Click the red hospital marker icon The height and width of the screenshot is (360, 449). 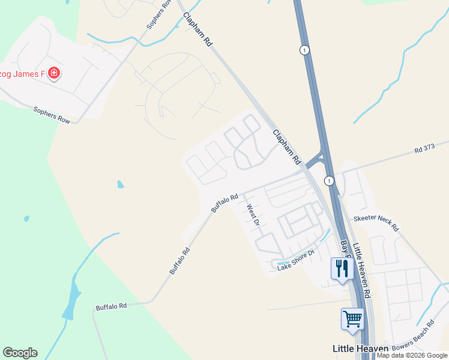coord(54,73)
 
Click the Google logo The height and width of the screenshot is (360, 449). coord(20,353)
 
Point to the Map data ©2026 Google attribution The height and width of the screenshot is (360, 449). coord(412,355)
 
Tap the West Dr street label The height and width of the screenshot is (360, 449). coord(253,215)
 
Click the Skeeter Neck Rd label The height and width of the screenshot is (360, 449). coord(376,223)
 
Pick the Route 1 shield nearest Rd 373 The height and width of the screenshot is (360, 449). coord(329,180)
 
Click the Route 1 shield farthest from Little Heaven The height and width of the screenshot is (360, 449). coord(306,50)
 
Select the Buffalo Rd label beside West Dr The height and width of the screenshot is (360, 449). coord(224,202)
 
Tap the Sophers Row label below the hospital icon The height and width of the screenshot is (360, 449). coord(52,115)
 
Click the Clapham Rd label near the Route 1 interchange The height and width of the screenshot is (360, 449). coord(286,148)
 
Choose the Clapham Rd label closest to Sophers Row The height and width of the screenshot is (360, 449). coord(198,29)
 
